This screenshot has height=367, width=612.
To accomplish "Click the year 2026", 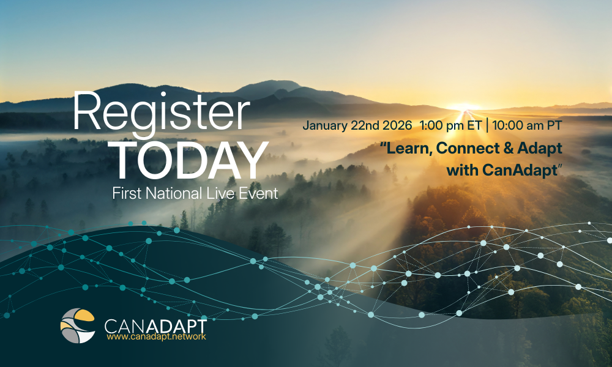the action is coord(397,125).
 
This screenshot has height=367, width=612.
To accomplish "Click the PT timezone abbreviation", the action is coord(556,125).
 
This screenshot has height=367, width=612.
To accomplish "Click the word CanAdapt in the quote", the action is coord(519,170).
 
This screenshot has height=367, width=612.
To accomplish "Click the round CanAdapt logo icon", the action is coord(78,325).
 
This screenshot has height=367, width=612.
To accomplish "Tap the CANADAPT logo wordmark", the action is coord(155,325).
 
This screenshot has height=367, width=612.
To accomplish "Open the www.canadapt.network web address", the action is coord(156,336).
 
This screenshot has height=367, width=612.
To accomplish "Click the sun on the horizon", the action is coord(464,108).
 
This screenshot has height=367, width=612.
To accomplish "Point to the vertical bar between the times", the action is coord(487,125).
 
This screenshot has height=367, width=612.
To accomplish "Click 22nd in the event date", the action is coord(365,125).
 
